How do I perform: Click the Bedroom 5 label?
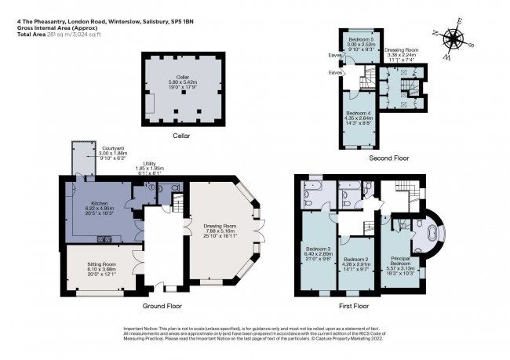pyautogui.click(x=362, y=38)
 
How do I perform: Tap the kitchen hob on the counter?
pyautogui.click(x=103, y=238)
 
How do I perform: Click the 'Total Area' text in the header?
pyautogui.click(x=31, y=35)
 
